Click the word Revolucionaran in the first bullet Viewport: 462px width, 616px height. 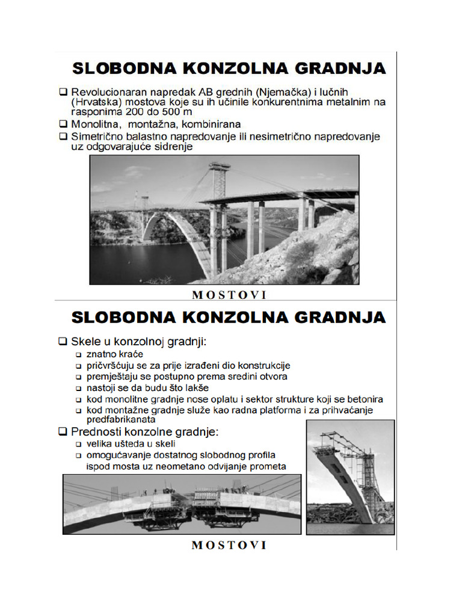[x=106, y=93]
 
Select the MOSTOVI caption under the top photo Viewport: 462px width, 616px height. [x=229, y=295]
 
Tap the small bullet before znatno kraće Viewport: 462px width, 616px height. [x=78, y=355]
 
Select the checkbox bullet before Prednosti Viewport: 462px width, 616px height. [x=63, y=432]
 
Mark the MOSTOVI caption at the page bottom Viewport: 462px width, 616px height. [x=229, y=546]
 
